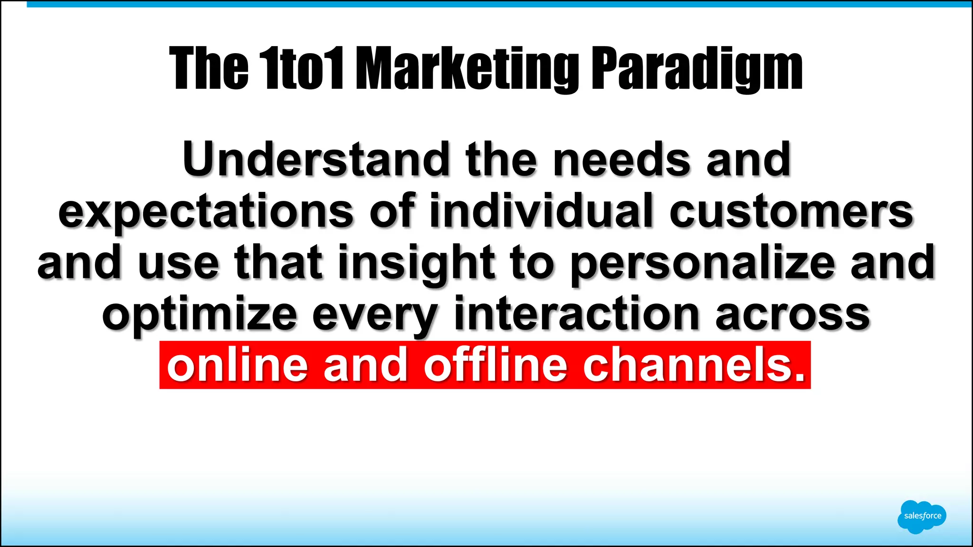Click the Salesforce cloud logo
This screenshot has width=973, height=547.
point(922,516)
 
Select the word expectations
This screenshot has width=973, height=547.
point(206,212)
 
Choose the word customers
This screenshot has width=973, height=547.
point(792,211)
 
